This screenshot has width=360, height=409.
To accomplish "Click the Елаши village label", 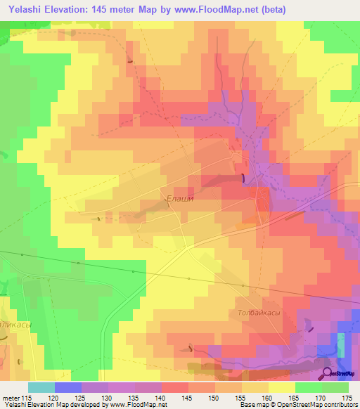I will click(x=179, y=198).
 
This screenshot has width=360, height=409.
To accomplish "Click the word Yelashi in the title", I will click(x=25, y=8).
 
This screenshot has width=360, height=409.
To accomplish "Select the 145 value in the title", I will click(x=111, y=8).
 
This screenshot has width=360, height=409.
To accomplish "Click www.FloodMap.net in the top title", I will click(x=214, y=8).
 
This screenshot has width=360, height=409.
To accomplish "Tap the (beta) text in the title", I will click(x=270, y=8).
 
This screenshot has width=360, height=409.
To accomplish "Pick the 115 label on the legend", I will click(x=27, y=398).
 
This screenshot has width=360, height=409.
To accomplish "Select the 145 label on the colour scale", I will click(x=185, y=398).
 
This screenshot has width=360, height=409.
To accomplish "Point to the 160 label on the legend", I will click(x=264, y=398).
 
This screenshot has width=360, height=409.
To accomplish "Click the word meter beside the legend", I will click(x=10, y=398).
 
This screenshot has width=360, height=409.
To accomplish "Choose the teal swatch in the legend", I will click(x=41, y=387).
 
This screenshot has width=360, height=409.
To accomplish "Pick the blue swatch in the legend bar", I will click(x=68, y=387).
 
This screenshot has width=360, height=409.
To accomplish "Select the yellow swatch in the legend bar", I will click(x=281, y=387).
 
